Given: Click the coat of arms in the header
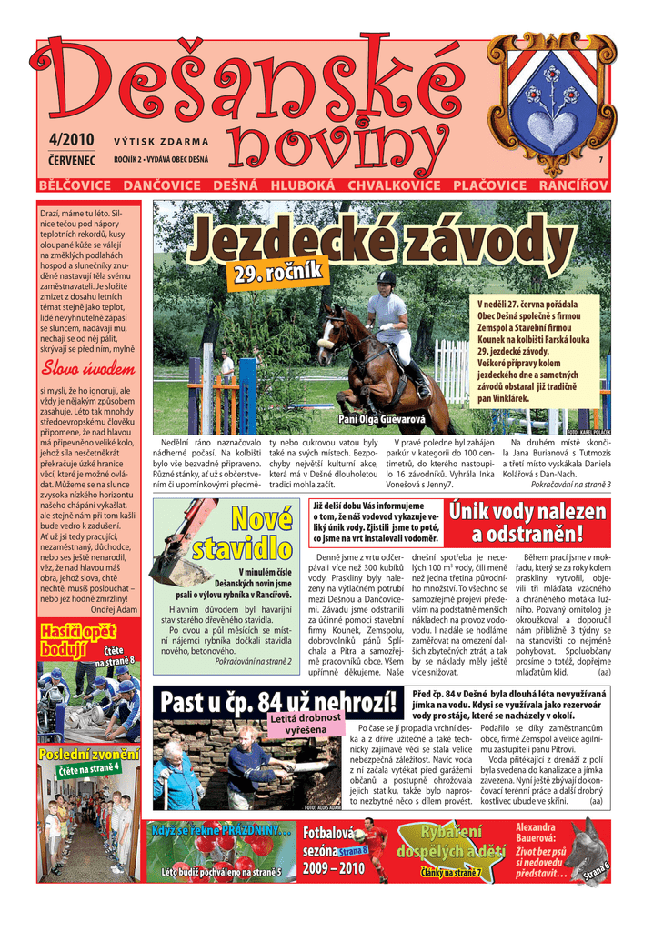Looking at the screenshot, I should pos(553,102).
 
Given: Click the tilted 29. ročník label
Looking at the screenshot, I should pos(278,270).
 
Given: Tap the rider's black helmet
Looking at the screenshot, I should pos(387,278).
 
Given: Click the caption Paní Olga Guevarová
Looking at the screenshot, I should pos(381,420).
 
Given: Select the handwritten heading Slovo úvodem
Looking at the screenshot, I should pos(87,369).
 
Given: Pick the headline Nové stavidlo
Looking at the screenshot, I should pos(241,535).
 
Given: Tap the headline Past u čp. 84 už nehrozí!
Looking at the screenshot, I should pos(277,702).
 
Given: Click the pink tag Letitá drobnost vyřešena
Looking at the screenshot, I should pos(304,724).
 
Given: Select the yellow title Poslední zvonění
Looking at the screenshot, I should pos(88,755).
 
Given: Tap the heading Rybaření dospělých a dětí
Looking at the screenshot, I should pos(450,842).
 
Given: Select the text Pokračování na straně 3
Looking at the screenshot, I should pos(570,485).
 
